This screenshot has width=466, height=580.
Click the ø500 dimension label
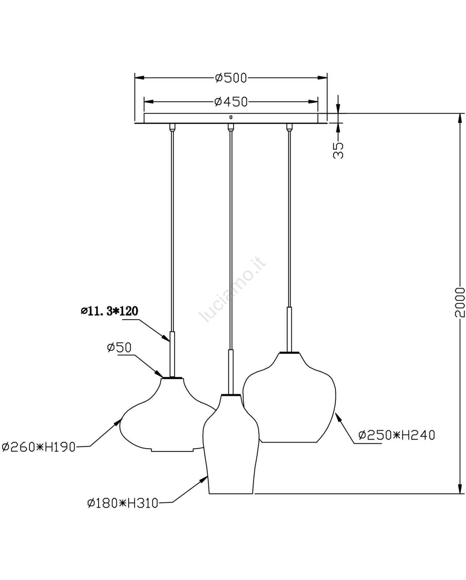[x=231, y=78]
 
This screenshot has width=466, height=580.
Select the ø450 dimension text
[x=231, y=102]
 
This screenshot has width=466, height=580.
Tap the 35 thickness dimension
[x=338, y=150]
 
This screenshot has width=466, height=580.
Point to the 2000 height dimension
[x=460, y=302]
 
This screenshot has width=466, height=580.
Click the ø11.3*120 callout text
[x=109, y=311]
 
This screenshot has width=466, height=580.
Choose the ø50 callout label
[x=119, y=347]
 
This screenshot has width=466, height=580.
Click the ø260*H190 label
[x=38, y=447]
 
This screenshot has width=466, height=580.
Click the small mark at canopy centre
[x=231, y=117]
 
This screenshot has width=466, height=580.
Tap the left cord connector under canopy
[x=172, y=127]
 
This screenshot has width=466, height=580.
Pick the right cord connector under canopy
[x=289, y=127]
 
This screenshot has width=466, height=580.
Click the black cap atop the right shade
[x=289, y=352]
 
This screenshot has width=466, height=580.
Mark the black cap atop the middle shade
[x=231, y=395]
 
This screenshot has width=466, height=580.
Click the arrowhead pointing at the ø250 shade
[x=338, y=418]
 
